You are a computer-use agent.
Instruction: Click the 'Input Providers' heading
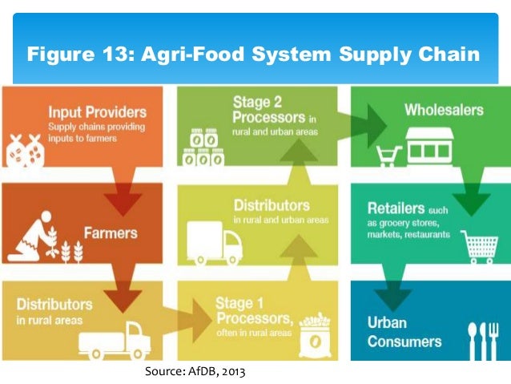click(x=97, y=111)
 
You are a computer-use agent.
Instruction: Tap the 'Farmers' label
click(x=111, y=233)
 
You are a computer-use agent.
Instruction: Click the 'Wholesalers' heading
click(x=443, y=109)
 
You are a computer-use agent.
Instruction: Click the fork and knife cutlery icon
click(x=482, y=340)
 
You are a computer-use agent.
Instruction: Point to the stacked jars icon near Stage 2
click(x=202, y=148)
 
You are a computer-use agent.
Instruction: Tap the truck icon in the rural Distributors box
click(x=114, y=341)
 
